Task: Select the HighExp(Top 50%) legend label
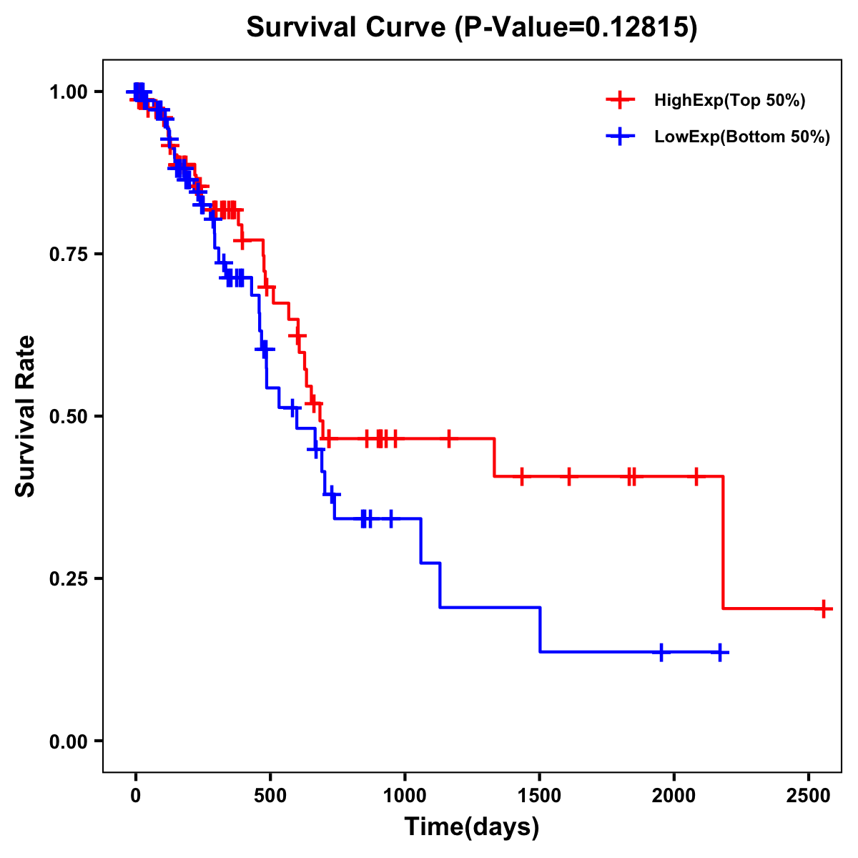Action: pos(729,101)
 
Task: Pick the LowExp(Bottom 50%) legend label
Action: pos(742,137)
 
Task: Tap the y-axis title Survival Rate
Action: pos(26,415)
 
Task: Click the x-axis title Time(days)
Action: pos(472,827)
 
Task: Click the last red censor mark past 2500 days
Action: pos(824,609)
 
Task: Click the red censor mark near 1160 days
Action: pos(448,439)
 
